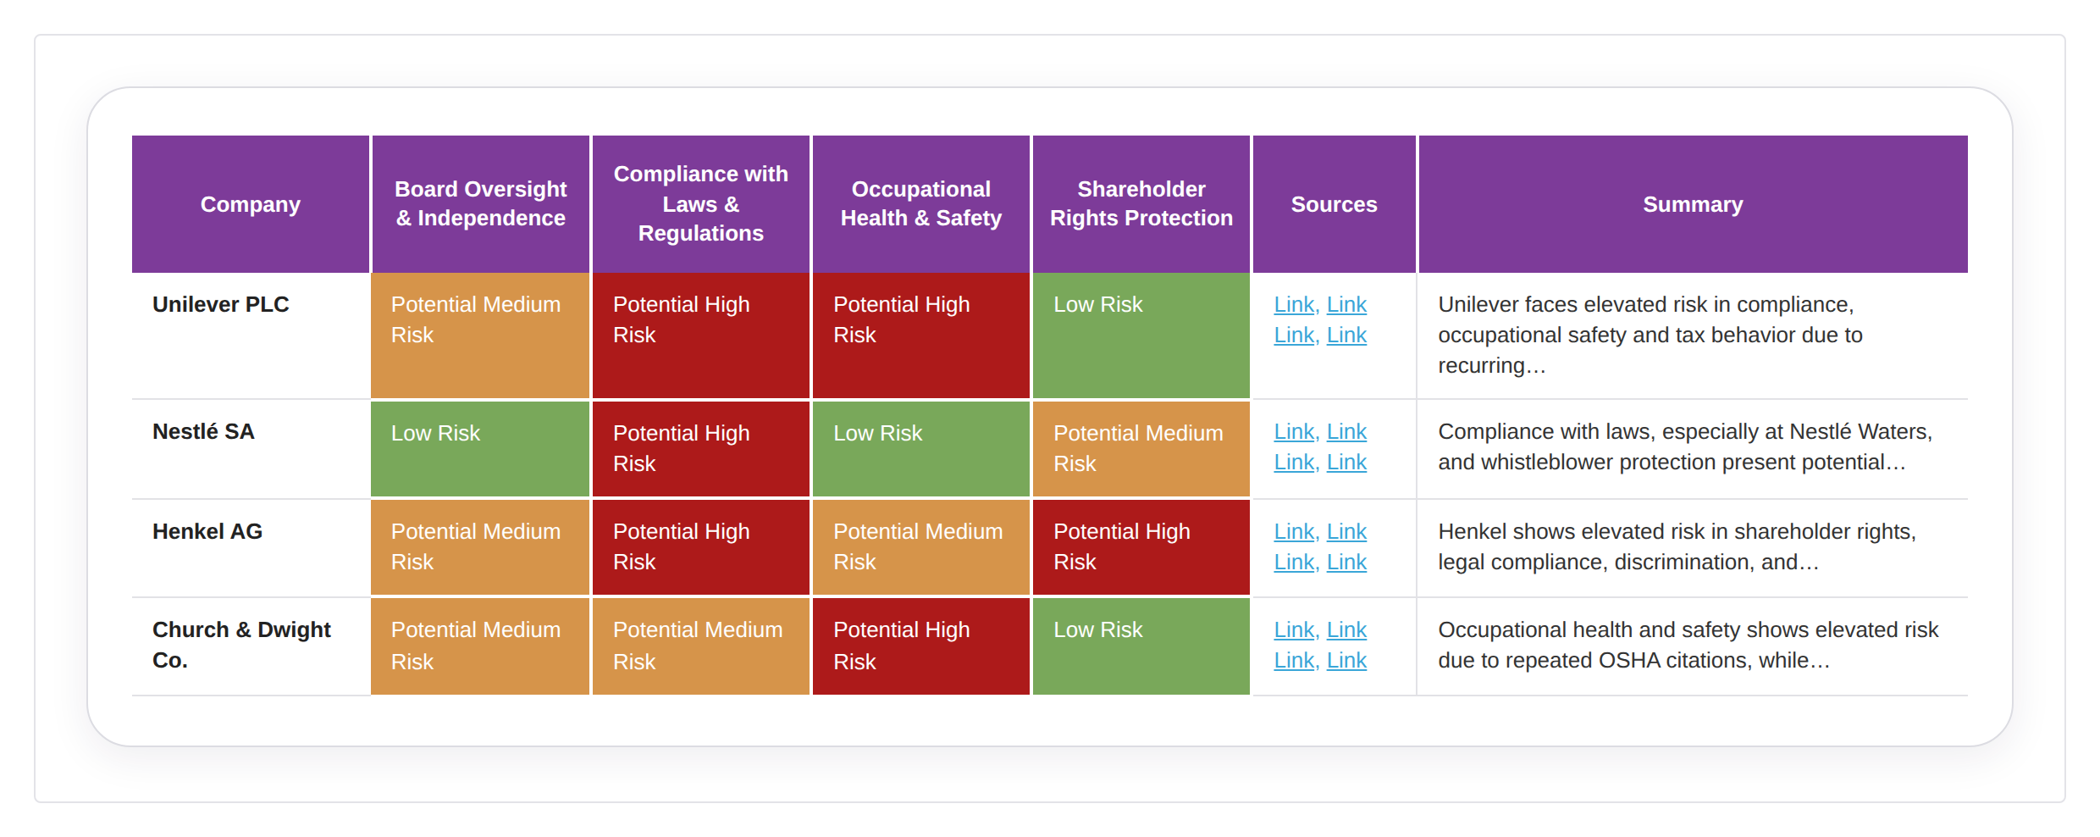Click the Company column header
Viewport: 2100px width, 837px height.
pos(251,204)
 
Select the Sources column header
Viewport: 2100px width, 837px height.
pos(1334,204)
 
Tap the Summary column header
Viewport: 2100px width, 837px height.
pos(1693,204)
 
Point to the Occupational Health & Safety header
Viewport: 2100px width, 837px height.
pos(920,203)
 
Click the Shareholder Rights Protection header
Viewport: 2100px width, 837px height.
pos(1141,203)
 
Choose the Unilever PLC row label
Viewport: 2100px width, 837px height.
pos(221,304)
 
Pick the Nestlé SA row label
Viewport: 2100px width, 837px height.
pos(203,431)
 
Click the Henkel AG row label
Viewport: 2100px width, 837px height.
pos(207,531)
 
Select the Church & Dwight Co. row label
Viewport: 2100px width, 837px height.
pos(241,645)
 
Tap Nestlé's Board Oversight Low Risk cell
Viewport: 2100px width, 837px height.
pos(480,449)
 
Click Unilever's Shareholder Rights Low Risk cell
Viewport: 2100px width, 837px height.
pos(1141,335)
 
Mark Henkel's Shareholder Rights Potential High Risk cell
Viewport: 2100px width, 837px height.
pos(1141,547)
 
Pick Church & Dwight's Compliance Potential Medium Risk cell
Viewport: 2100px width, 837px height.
pos(700,646)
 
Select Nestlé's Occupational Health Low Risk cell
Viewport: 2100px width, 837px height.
pos(920,449)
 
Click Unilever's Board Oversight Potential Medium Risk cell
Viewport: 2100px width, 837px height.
pos(480,335)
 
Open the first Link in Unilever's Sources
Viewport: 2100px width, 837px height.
pos(1294,304)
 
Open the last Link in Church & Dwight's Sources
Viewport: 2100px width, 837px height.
pos(1346,660)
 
